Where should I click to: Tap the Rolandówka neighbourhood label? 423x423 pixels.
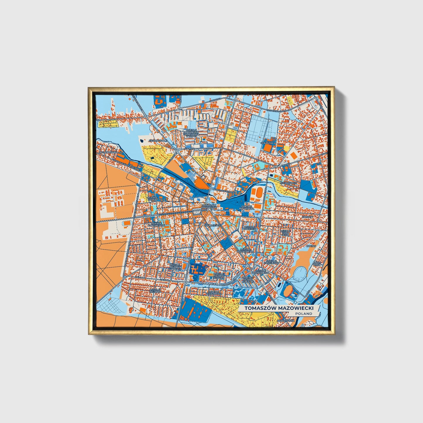coord(108,153)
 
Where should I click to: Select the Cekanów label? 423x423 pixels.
coord(267,143)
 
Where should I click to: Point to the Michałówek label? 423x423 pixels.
coord(288,183)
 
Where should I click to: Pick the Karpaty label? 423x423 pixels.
coord(308,217)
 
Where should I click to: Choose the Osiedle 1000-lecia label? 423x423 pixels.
coord(285,233)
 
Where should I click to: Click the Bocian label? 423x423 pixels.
coord(311,246)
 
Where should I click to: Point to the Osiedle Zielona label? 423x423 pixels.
coord(155,291)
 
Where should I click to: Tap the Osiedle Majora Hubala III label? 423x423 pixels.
coord(176,268)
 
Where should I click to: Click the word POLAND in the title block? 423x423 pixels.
coord(304,314)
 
